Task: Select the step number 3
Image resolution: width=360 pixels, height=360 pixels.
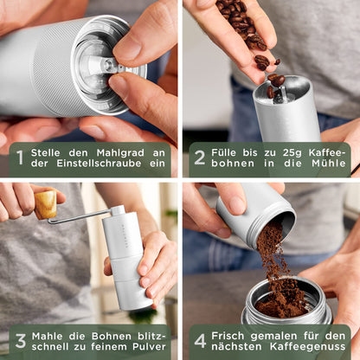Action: coord(19,341)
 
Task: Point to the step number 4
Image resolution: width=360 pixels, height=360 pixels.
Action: coord(200,341)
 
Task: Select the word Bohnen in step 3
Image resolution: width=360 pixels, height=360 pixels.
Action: coord(103,333)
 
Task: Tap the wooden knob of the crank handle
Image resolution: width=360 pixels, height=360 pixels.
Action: coord(45,204)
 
